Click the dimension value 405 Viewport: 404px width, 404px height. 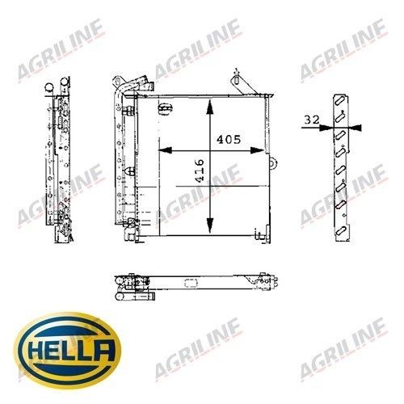(x=229, y=140)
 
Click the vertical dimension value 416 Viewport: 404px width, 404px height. (x=200, y=170)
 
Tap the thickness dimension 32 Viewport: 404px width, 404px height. (x=312, y=120)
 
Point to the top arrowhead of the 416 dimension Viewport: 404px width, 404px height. (x=209, y=107)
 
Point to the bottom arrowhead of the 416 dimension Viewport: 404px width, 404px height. (x=209, y=225)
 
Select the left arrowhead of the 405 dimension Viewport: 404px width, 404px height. (x=165, y=150)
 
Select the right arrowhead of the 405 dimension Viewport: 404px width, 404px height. (x=257, y=150)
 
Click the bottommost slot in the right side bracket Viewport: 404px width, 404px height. (x=340, y=232)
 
